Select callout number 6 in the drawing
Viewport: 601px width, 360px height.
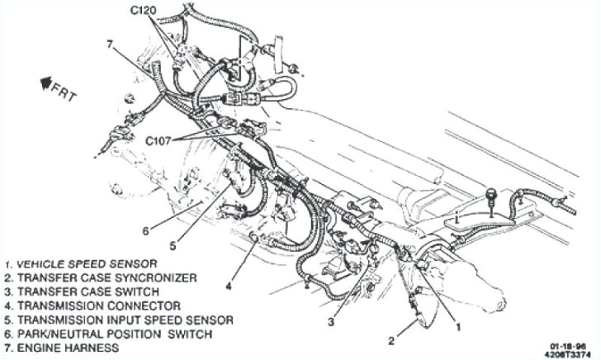(144, 230)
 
